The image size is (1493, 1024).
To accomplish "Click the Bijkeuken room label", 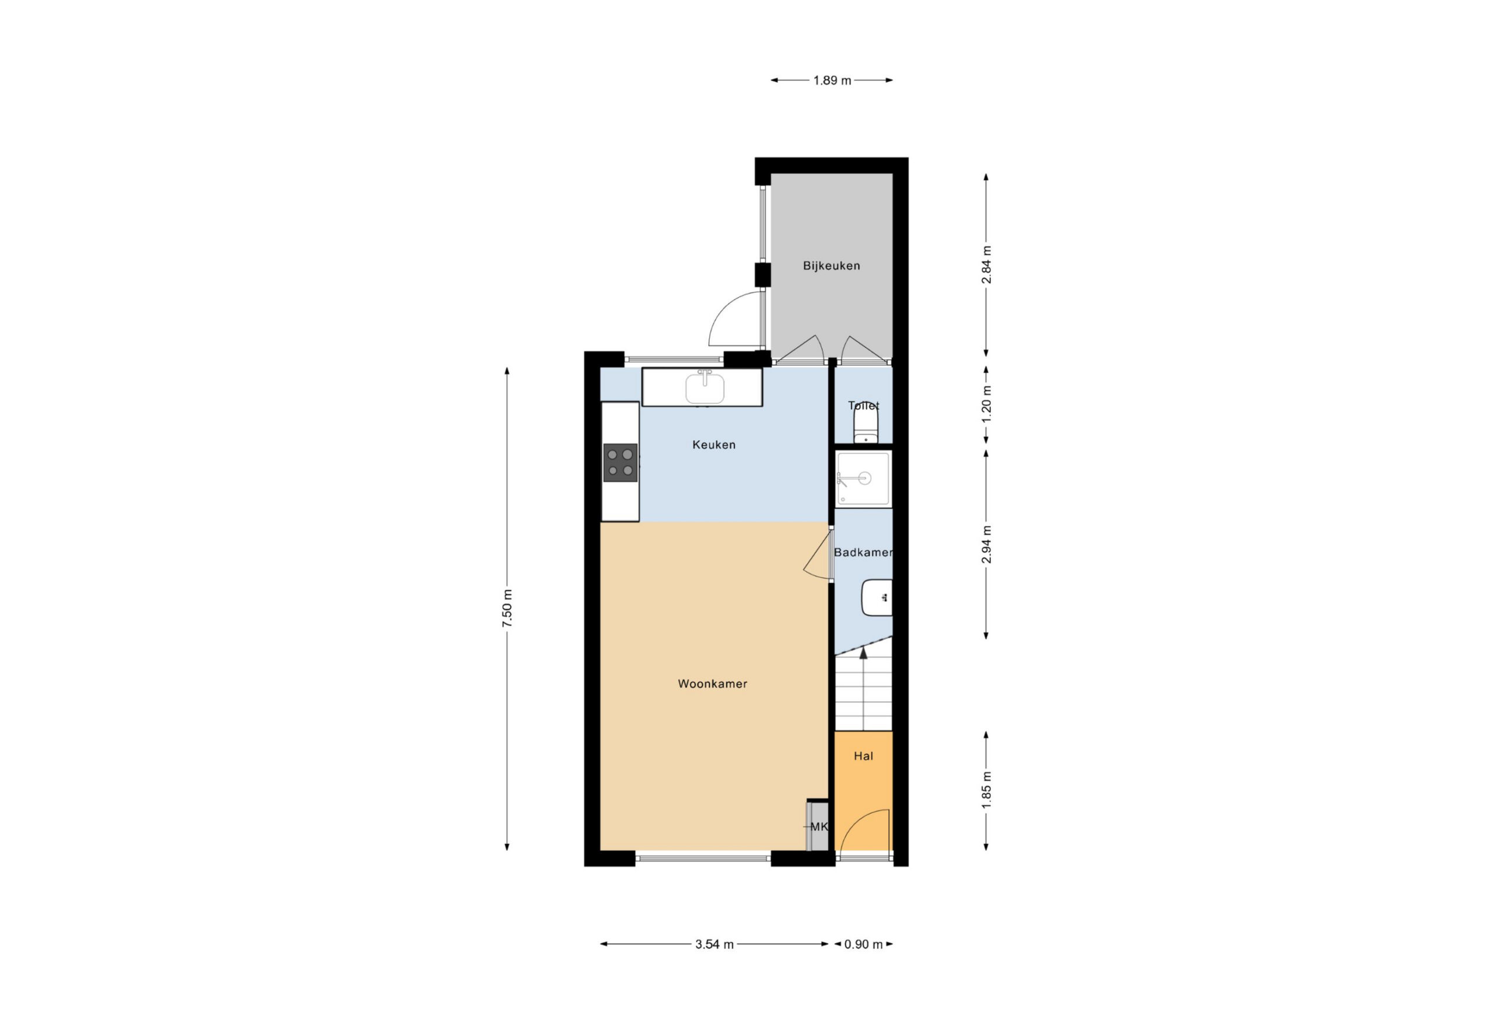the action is (831, 265).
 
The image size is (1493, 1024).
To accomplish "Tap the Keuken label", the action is (714, 444).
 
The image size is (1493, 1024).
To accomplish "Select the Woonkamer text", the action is (713, 683).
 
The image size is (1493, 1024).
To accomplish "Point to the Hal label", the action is (863, 756).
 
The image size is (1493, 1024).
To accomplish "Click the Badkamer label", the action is (863, 552).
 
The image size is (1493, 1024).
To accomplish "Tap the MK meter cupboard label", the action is (819, 827).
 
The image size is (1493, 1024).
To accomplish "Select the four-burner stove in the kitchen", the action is (620, 462).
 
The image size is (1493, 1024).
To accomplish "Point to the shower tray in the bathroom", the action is (863, 478).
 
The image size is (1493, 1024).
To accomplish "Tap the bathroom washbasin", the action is (877, 597).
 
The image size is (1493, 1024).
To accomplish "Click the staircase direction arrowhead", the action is (863, 652).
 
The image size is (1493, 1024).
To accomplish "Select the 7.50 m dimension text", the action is (507, 608).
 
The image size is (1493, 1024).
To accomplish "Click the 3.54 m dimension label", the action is (714, 944).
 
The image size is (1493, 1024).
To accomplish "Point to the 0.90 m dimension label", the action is (863, 944).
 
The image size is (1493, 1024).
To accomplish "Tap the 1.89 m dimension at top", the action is (832, 81).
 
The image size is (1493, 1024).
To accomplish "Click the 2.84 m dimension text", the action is (987, 264).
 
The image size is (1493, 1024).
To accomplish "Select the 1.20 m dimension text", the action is (987, 405).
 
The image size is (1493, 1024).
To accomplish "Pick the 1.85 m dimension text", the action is (987, 790).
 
